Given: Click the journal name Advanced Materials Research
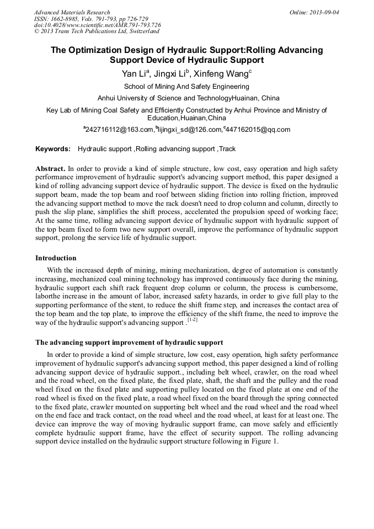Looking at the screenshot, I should pos(72,12).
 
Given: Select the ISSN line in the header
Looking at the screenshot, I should pos(90,19).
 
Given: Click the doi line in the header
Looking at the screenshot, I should pos(97,25).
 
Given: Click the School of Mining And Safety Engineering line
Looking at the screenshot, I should pos(186,87).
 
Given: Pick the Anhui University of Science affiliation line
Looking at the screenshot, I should pos(186,98).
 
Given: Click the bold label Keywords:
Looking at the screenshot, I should pos(53,149).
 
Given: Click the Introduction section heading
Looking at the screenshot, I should pos(56,258).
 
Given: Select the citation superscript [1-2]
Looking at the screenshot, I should pos(192,320).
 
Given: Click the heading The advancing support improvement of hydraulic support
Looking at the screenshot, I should pos(129,343).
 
